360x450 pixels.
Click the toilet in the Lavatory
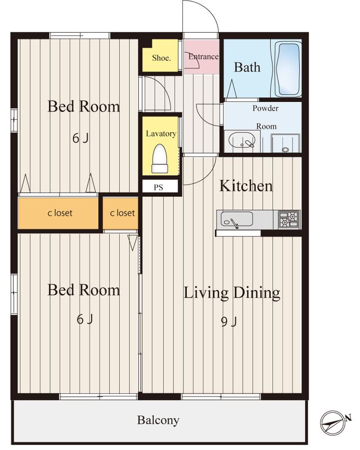point(160,159)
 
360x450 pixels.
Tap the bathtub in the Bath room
point(288,69)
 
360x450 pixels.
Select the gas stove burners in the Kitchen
point(289,219)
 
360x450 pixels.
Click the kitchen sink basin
point(237,219)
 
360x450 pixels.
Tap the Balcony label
point(158,420)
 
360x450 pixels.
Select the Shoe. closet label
point(161,58)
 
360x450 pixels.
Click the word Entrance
point(203,57)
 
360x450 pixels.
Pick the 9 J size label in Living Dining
point(229,322)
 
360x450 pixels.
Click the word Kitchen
point(246,186)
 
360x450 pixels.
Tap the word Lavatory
point(161,134)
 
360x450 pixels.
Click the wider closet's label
point(60,213)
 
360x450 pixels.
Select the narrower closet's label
point(122,213)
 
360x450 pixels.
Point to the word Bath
point(247,67)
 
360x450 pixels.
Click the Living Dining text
point(232,292)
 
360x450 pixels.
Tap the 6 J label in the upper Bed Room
point(80,138)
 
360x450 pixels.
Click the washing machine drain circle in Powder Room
point(285,150)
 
